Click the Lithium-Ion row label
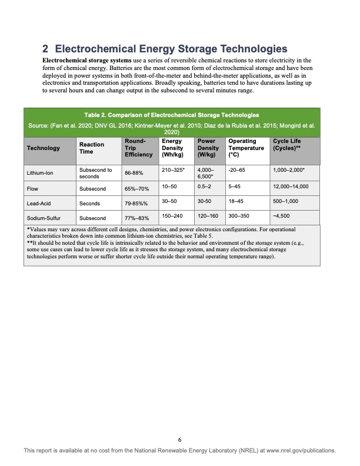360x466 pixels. point(40,174)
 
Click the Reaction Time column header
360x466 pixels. point(91,148)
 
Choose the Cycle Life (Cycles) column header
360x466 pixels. point(288,144)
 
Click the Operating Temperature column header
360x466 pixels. point(246,148)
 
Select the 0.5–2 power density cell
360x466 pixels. point(205,187)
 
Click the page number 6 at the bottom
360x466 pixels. point(180,439)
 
